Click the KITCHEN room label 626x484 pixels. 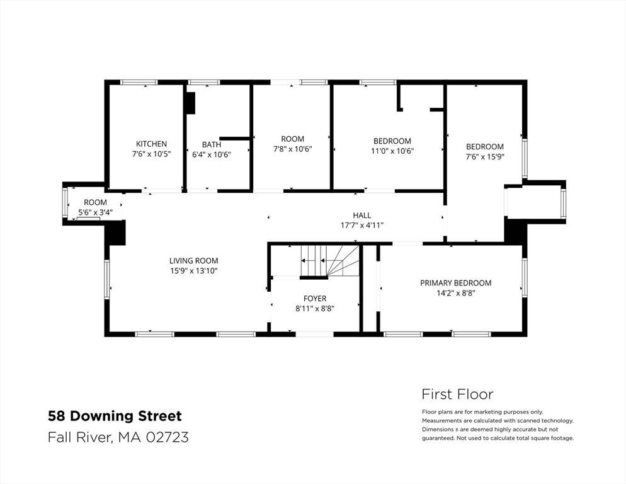[151, 144]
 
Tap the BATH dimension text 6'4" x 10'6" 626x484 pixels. [211, 154]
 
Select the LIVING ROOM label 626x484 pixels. [193, 261]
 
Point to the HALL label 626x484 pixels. [361, 216]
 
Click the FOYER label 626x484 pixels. [315, 299]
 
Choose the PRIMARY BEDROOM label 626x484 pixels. [455, 283]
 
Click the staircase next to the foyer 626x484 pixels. [330, 260]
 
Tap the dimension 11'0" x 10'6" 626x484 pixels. [392, 151]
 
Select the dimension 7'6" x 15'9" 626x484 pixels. [485, 157]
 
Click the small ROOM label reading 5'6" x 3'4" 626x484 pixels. [95, 203]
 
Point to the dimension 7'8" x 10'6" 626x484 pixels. [292, 149]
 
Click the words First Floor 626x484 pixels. [457, 394]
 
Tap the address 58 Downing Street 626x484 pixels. [115, 416]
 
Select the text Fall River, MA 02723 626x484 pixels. [118, 437]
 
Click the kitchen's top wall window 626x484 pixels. [139, 83]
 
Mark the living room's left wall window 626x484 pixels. [106, 279]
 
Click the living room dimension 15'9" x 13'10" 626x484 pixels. [193, 271]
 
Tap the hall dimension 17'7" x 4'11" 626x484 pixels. [361, 226]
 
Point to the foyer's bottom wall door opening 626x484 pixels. [315, 334]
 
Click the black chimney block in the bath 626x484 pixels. [191, 103]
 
